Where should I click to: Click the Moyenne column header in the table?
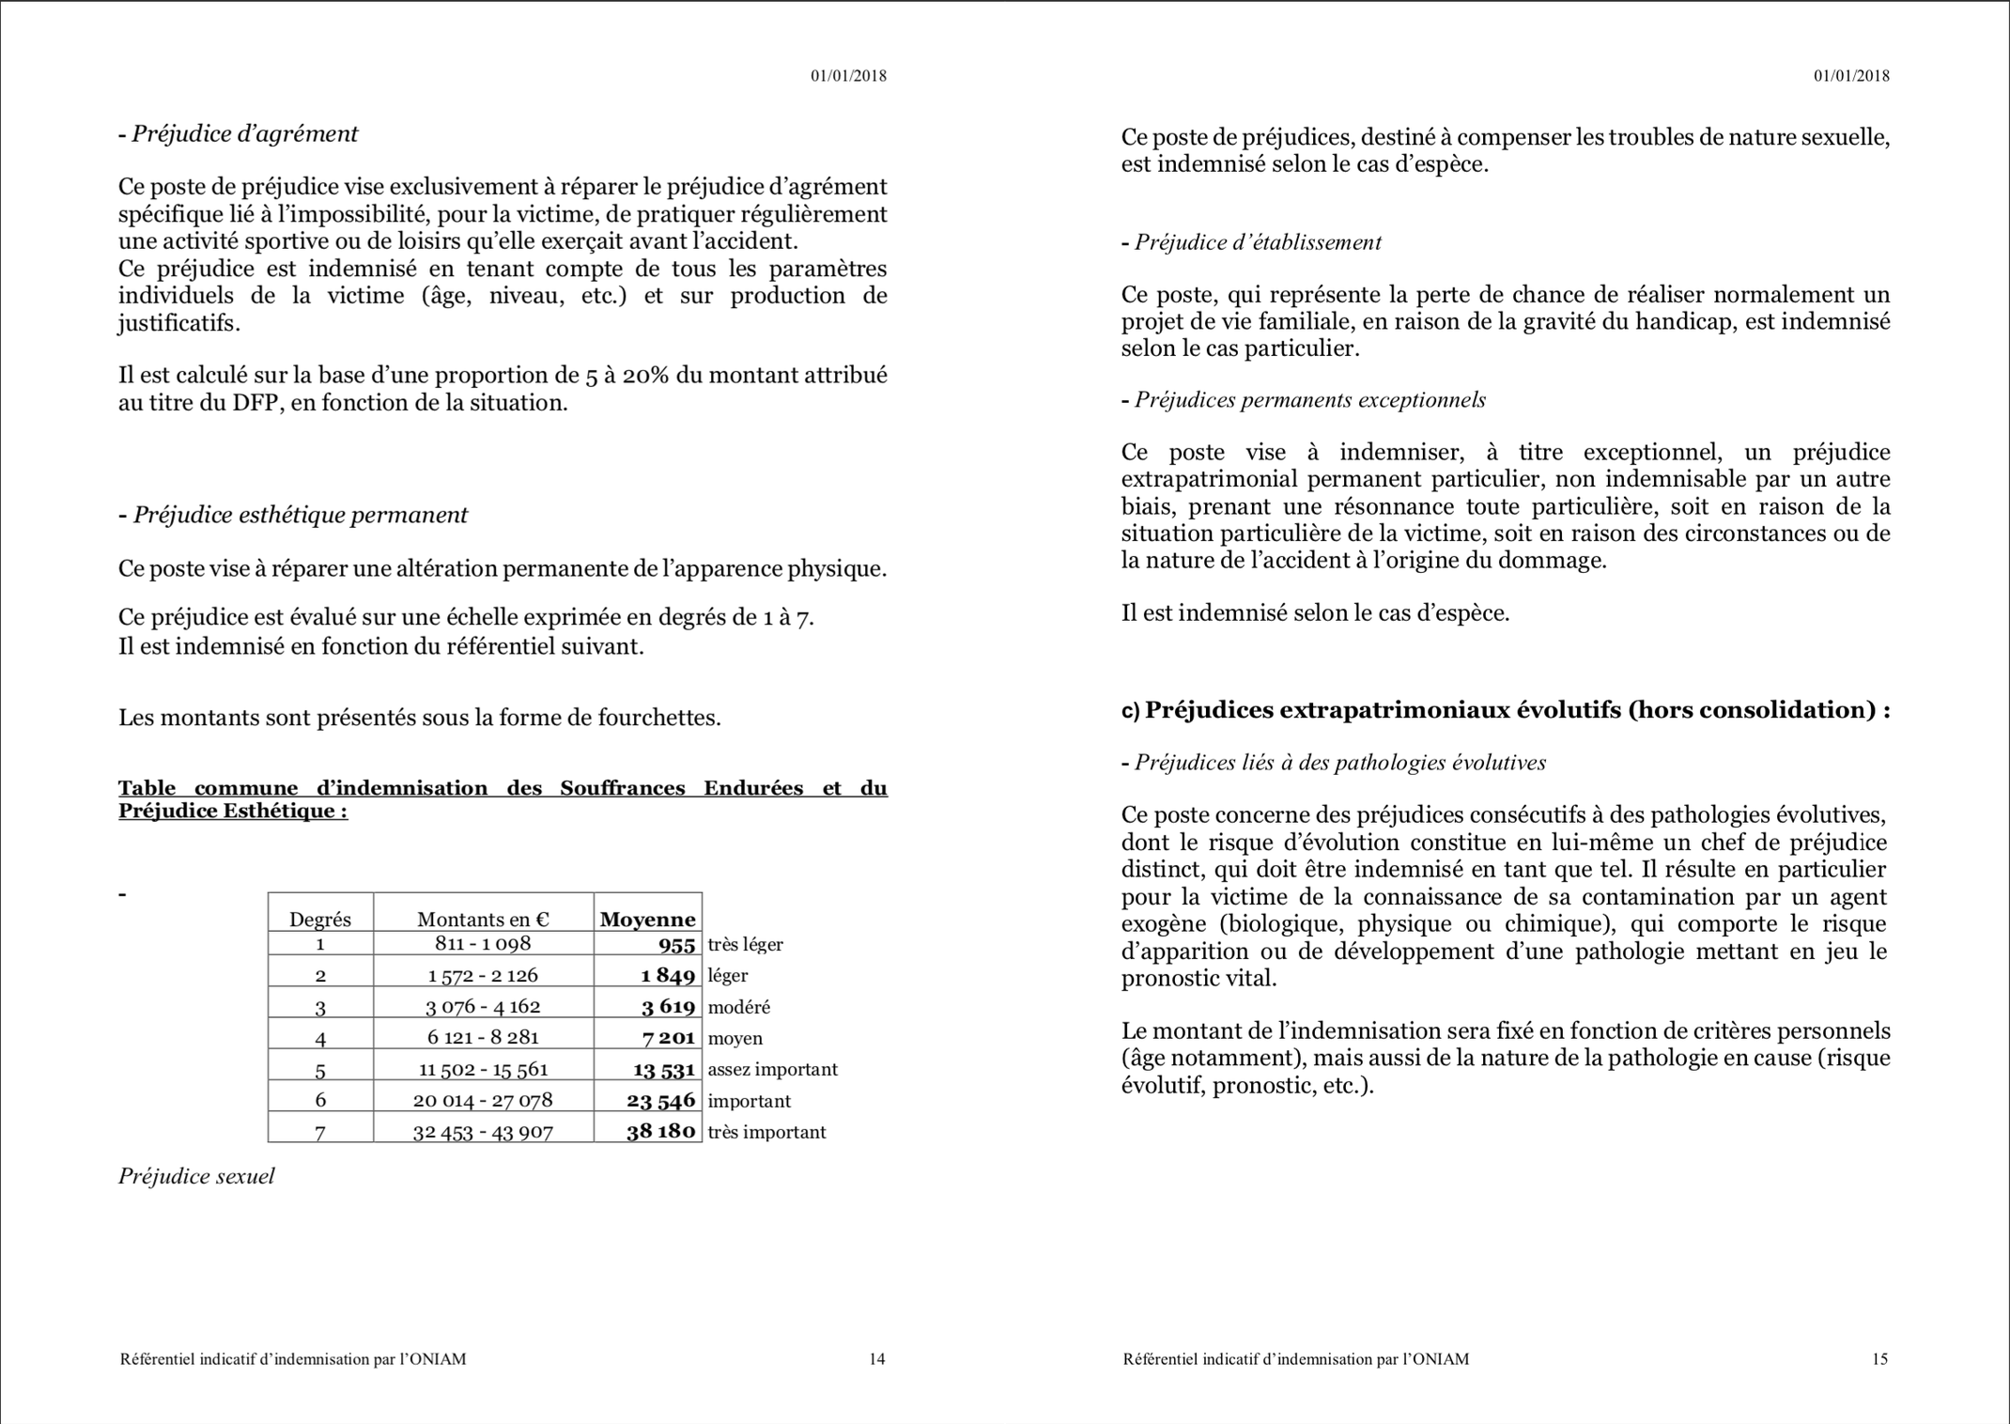647,919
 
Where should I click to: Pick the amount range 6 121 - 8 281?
483,1037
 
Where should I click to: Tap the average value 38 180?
660,1131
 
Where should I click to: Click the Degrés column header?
320,919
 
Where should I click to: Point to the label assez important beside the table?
772,1069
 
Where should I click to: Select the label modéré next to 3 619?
738,1007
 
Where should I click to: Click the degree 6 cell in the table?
320,1100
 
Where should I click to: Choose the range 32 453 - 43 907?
483,1132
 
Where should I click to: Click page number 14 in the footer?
876,1358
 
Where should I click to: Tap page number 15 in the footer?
1879,1358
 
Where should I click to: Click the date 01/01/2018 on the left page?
848,76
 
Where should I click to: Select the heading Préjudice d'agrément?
244,133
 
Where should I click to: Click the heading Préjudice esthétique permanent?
300,515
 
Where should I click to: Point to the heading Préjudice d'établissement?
1257,242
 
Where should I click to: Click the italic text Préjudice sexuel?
196,1176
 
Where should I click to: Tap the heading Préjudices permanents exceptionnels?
1309,400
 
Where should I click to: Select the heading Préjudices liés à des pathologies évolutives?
1339,763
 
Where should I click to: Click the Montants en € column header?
483,919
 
